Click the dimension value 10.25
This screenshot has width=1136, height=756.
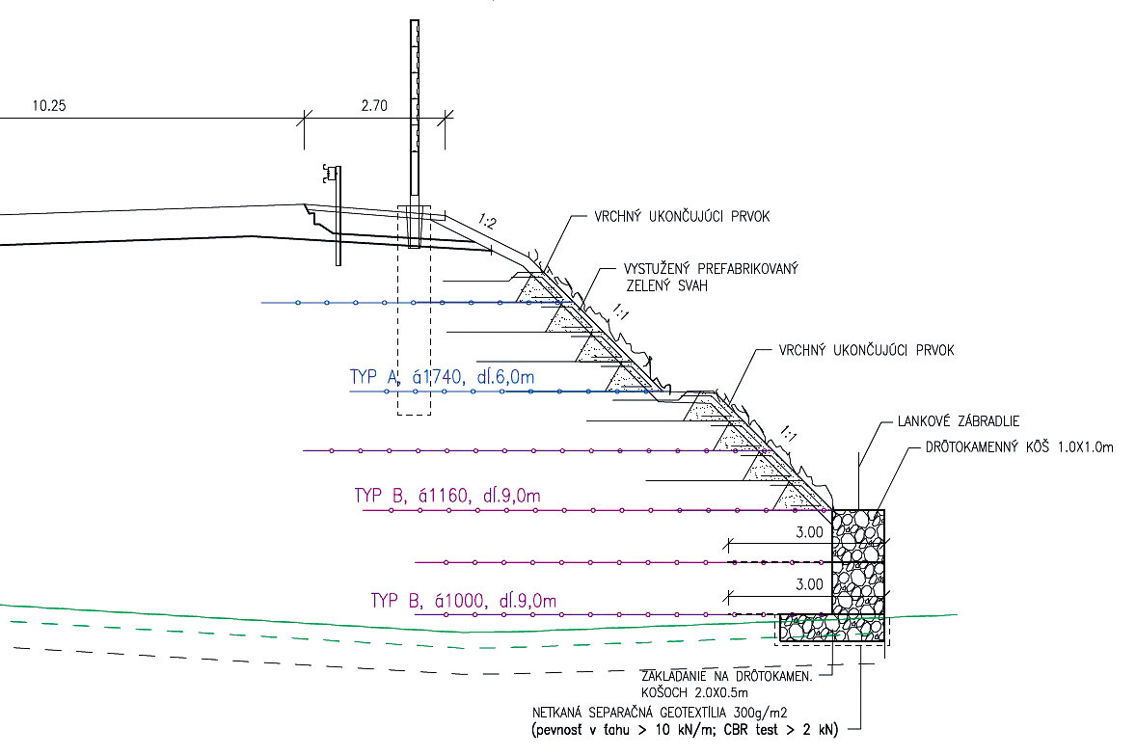coord(47,106)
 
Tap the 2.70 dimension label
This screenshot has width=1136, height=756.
coord(373,106)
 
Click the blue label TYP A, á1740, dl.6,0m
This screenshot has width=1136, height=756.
coord(441,378)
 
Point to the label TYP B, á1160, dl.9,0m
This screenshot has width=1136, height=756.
coord(447,497)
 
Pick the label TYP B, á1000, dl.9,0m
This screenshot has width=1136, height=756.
coord(464,602)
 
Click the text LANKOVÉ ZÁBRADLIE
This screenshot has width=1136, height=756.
coord(959,421)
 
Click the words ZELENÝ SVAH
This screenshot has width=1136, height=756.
coord(662,286)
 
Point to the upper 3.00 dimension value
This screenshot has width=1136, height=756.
coord(810,531)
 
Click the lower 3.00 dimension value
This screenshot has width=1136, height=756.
coord(810,583)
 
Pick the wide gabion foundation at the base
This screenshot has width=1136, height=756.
coord(832,628)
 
